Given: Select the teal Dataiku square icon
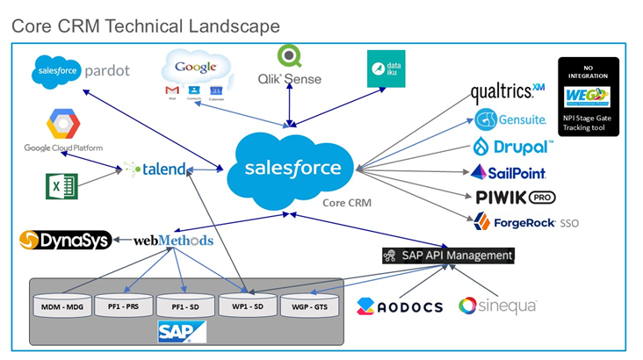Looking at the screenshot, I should (386, 68).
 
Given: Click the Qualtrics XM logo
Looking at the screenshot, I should (508, 91).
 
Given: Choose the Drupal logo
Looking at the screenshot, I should (513, 146).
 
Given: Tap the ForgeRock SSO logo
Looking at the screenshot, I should (525, 222).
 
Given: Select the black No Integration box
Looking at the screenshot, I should (589, 96).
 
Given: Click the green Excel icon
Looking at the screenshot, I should (62, 185).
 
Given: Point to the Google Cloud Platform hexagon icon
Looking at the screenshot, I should (61, 126).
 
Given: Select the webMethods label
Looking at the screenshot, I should (173, 240).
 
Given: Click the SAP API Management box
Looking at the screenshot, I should (447, 256).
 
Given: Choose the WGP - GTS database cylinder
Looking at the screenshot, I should (308, 305).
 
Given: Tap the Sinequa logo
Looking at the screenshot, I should (496, 306).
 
